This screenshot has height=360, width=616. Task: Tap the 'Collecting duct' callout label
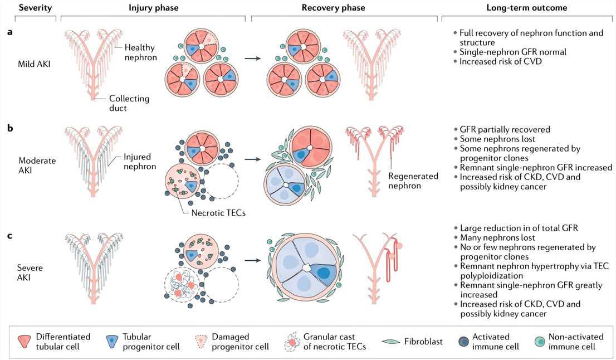(129, 104)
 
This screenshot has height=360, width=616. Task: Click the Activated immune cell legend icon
(458, 341)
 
